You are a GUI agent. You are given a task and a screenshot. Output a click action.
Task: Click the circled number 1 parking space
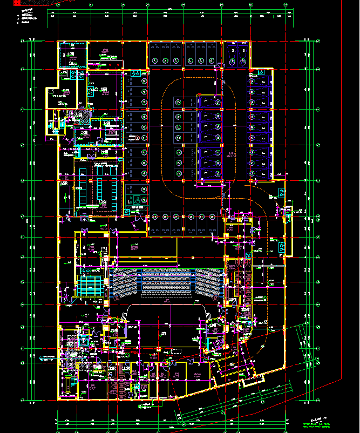click(x=156, y=60)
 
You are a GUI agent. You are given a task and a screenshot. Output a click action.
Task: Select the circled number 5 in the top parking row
click(x=201, y=60)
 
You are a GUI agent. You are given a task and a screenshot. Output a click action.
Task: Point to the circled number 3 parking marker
click(x=178, y=60)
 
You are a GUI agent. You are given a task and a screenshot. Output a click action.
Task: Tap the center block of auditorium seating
click(x=167, y=282)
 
